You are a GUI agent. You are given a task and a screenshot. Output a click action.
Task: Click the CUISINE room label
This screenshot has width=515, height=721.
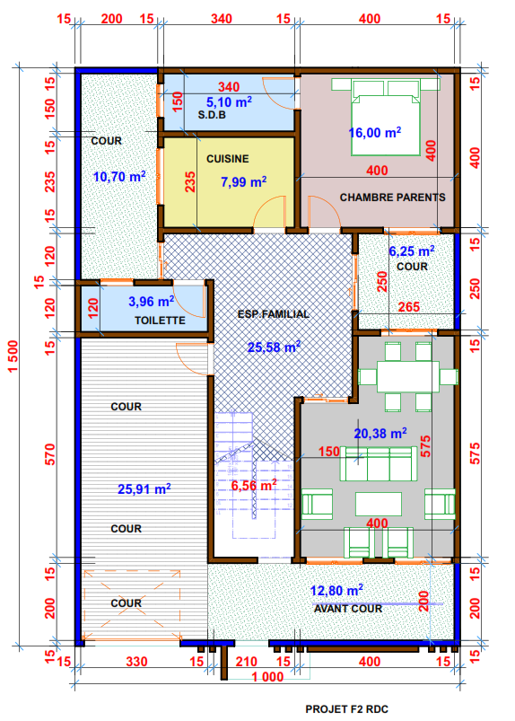coord(227,159)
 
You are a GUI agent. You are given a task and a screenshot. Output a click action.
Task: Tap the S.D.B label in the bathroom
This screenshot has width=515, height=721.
coord(212,115)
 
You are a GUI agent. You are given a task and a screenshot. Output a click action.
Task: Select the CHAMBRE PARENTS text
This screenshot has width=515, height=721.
coord(392,198)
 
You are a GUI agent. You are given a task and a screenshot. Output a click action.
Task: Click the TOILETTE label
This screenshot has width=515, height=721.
coord(160,321)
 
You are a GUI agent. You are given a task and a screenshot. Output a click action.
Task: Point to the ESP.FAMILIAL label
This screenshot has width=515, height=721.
coord(274,314)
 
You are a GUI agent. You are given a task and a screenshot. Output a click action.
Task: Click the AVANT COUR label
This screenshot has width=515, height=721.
coord(348,609)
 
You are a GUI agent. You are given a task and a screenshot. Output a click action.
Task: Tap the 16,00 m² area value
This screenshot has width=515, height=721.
coord(375,132)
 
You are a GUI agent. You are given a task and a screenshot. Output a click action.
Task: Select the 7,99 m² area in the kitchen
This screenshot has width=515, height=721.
coord(243,181)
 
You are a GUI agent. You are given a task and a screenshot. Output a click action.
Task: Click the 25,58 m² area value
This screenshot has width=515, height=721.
coord(274,347)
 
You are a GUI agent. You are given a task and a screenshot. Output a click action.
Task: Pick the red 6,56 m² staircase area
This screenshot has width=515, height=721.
coord(254,485)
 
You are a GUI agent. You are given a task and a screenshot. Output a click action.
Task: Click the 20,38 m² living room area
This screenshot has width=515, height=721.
coord(380,433)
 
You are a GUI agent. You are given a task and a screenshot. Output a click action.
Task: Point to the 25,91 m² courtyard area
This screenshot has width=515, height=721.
coord(144,488)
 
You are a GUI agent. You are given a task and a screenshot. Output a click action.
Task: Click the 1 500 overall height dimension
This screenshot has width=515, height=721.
coord(13,356)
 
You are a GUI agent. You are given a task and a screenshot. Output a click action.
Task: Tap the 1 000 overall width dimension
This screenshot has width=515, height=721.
coord(267,677)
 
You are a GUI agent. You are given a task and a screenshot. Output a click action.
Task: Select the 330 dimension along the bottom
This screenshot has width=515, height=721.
coord(136,662)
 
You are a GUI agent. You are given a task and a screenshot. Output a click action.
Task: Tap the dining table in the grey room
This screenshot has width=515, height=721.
coord(408,376)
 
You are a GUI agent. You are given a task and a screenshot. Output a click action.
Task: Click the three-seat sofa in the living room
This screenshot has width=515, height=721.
coord(378,463)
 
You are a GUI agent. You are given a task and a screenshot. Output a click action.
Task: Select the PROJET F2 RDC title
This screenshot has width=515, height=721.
coord(347,709)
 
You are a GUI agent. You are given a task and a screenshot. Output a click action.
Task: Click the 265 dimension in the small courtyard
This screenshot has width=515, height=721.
coord(409,307)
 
